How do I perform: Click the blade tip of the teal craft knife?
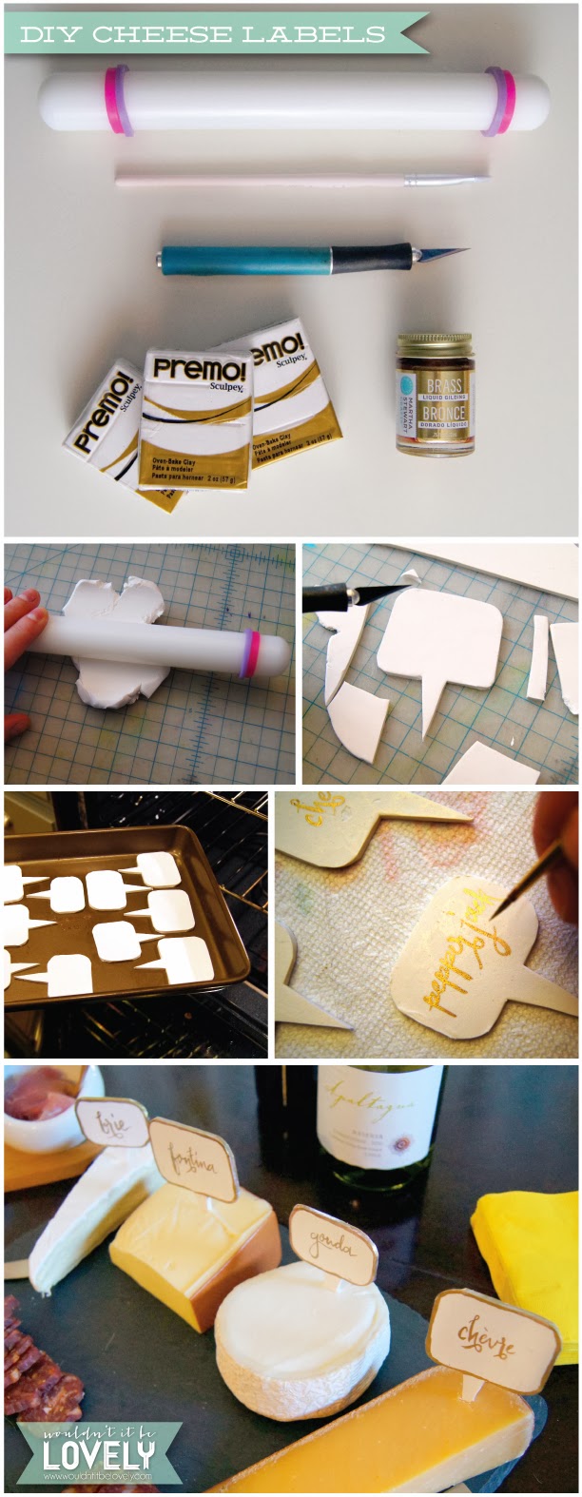tap(465, 252)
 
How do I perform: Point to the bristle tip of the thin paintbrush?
tap(484, 177)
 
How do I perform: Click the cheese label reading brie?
tap(113, 1123)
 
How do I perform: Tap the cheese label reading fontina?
tap(194, 1158)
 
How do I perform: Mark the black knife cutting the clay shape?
tap(356, 596)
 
